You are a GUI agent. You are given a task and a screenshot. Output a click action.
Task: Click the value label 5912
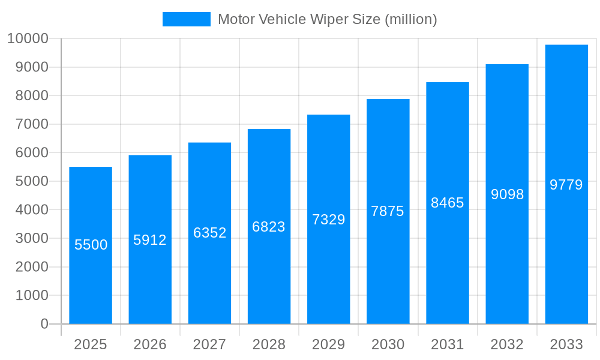coord(150,240)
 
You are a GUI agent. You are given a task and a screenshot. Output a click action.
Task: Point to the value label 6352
coord(209,233)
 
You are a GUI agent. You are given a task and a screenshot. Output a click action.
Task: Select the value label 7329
coord(329,220)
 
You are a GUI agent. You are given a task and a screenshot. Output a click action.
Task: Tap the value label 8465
coord(448,203)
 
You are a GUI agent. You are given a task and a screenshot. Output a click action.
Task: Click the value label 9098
coord(507,194)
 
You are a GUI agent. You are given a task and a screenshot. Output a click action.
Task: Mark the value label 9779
coord(566,185)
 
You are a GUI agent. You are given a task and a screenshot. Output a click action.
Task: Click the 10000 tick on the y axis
coord(28,39)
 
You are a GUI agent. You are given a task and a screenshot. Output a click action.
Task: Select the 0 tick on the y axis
coord(44,324)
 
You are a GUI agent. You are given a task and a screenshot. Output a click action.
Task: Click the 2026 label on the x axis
coord(150,344)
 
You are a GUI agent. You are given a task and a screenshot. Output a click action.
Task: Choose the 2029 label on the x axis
coord(329,344)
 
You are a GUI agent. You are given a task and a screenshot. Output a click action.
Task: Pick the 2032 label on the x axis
coord(507,344)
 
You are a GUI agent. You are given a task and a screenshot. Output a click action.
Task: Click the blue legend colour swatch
coord(187,19)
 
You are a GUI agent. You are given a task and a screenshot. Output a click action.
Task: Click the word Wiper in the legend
coord(327,19)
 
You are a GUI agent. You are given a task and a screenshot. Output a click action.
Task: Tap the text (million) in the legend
coord(410,19)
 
